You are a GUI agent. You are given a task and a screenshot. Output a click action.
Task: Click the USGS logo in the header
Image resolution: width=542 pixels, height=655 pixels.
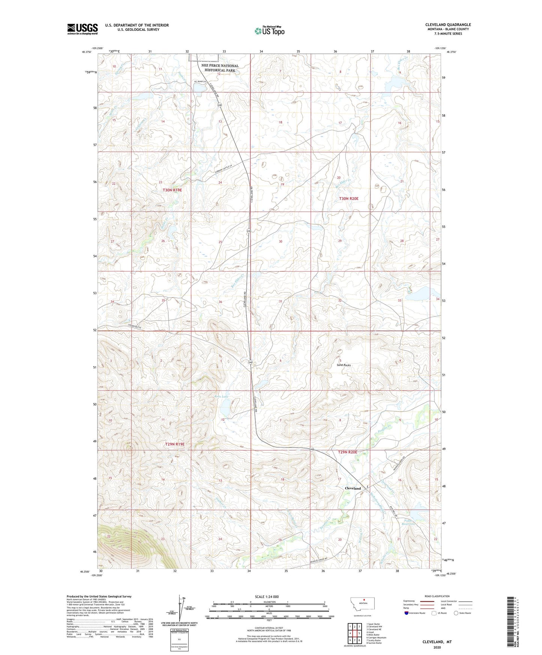[82, 29]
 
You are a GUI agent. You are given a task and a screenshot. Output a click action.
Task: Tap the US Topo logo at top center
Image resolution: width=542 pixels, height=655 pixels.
[269, 31]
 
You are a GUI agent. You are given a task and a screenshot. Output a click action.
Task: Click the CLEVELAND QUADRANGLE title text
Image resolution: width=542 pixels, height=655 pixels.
[448, 25]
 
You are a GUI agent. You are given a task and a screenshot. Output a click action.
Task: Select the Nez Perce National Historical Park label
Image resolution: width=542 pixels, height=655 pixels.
[220, 68]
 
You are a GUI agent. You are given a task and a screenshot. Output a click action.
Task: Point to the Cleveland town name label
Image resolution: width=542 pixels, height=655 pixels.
[353, 488]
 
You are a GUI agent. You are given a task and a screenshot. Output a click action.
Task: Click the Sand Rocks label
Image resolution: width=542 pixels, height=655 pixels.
[344, 365]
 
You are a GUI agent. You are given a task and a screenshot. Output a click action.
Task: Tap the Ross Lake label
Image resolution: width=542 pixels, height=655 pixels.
[221, 397]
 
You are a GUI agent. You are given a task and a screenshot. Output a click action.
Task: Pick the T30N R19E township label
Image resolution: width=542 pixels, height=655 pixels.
[172, 190]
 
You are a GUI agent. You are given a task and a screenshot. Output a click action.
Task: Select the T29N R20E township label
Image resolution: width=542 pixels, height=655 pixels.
[348, 452]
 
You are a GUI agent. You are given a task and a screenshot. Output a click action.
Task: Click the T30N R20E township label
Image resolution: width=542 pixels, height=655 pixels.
[349, 198]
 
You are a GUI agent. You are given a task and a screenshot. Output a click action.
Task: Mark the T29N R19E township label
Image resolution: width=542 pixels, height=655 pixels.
[175, 444]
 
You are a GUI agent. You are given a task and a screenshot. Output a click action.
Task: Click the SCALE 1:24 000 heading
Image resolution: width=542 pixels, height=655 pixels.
[267, 596]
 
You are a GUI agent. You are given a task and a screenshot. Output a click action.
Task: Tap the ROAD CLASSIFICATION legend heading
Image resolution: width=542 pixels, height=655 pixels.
[437, 596]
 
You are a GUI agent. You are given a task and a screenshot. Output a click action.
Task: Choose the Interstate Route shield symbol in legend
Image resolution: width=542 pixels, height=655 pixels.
[407, 613]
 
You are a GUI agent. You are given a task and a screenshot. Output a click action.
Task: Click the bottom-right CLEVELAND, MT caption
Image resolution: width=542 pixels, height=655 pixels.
[437, 642]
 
